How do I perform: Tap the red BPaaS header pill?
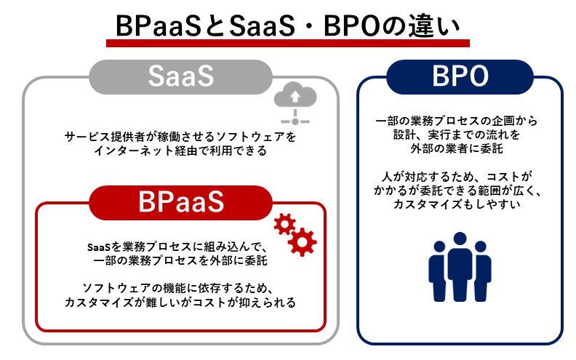point(180,202)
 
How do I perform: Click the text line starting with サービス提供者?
point(180,136)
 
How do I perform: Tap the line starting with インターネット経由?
point(180,151)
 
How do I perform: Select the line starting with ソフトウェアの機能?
point(180,287)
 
